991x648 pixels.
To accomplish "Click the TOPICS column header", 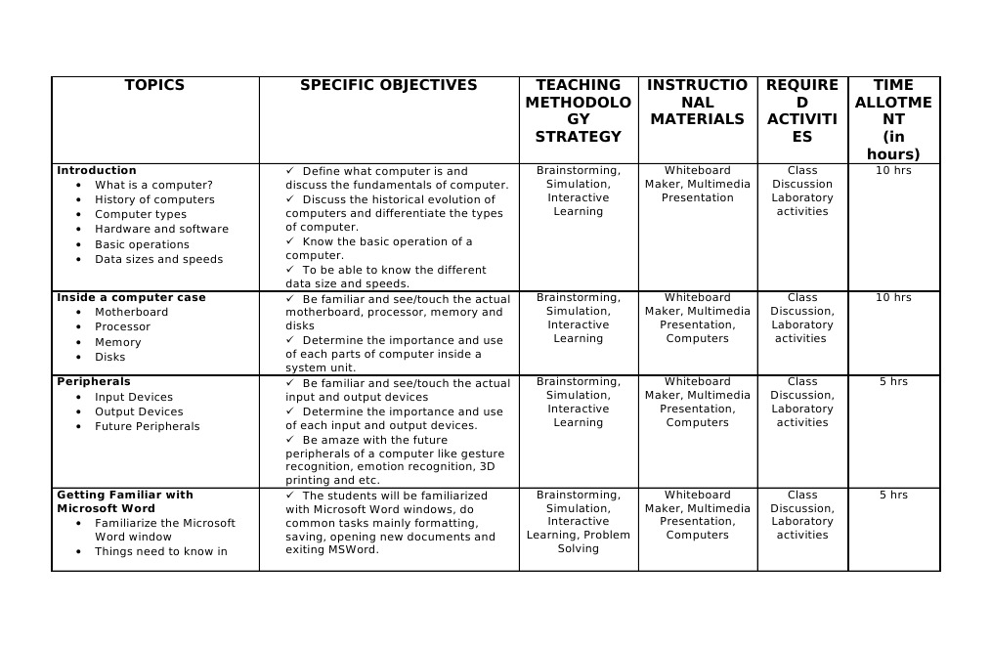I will [154, 86].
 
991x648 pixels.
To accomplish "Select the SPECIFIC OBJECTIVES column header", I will [388, 86].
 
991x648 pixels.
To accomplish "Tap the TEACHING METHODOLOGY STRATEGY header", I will [579, 110].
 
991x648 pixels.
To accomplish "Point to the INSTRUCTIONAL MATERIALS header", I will [698, 103].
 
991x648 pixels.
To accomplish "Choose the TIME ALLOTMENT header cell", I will [893, 119].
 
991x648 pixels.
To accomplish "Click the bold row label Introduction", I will [97, 170].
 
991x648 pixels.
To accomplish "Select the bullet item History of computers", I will [154, 199].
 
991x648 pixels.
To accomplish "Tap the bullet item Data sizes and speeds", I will [158, 259].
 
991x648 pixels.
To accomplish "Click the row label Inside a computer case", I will [131, 297].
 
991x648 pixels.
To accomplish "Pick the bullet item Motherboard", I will [131, 312].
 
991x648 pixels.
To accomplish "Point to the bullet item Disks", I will [109, 357].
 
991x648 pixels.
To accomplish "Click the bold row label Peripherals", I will [93, 381].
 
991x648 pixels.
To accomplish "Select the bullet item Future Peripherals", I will [147, 426].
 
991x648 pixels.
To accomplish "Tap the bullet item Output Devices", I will [139, 411].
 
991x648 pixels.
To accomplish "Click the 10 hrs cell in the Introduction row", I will [893, 170].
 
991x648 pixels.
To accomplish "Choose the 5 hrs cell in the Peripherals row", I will [893, 381].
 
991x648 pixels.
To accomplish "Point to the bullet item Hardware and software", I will [161, 229].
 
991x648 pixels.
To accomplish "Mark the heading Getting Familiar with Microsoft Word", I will [125, 501].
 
